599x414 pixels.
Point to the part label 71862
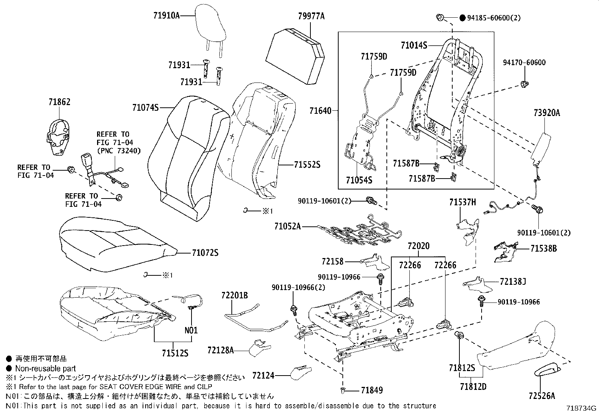click(59, 102)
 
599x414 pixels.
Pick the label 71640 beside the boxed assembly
click(320, 111)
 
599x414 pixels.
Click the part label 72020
click(418, 246)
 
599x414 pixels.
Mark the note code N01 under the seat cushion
click(191, 330)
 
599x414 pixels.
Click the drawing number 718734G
click(582, 408)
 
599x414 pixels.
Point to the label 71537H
click(462, 203)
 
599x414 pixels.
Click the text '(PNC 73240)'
click(119, 151)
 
